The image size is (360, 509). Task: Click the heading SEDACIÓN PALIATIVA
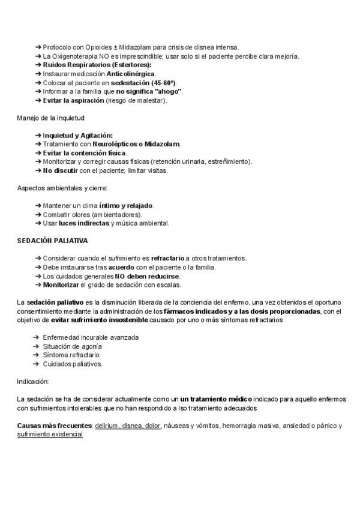(x=52, y=241)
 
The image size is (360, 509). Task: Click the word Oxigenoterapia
(x=77, y=56)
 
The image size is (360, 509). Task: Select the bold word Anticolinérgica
(x=131, y=74)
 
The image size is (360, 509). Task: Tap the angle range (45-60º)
(x=160, y=83)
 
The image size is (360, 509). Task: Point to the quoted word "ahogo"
(x=168, y=91)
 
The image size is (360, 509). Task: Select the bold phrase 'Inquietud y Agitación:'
(x=77, y=135)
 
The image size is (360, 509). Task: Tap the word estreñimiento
(x=229, y=161)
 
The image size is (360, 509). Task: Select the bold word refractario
(x=167, y=258)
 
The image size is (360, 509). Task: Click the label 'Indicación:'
(x=33, y=381)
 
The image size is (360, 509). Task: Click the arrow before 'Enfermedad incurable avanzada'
(x=37, y=337)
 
